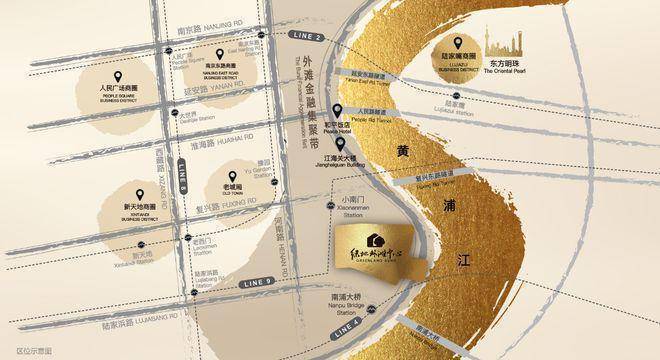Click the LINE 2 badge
pyautogui.click(x=311, y=36)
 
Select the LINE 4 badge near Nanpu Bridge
pyautogui.click(x=347, y=326)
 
